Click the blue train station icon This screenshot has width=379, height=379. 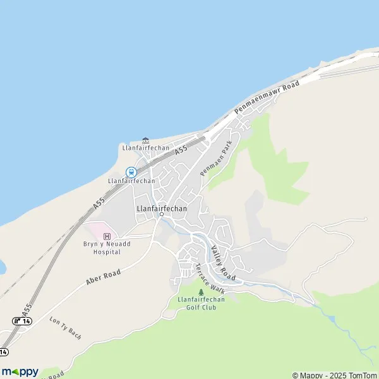[x=131, y=172]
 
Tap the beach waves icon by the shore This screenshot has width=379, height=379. [x=146, y=140]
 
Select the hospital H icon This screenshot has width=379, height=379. [x=98, y=236]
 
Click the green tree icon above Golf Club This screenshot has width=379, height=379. [x=202, y=292]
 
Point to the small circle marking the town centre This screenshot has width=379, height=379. [x=161, y=214]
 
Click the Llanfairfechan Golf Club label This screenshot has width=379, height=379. [x=202, y=303]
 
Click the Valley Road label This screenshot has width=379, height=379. [x=223, y=263]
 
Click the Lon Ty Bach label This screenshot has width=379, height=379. [x=66, y=327]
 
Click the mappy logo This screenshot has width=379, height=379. [x=20, y=371]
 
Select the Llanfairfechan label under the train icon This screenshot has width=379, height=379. [x=131, y=181]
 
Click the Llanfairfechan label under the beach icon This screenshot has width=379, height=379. [x=146, y=148]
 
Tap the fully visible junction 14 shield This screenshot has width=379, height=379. [x=22, y=321]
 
